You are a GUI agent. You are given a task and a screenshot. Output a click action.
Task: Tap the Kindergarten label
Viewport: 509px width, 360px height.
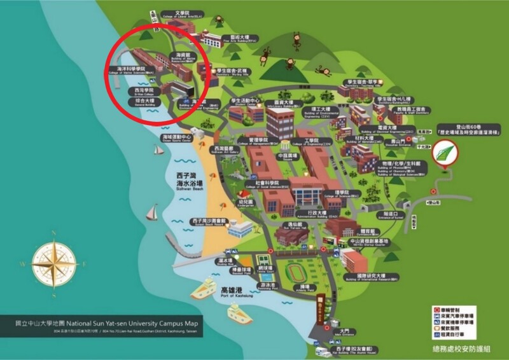coord(246,203)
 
